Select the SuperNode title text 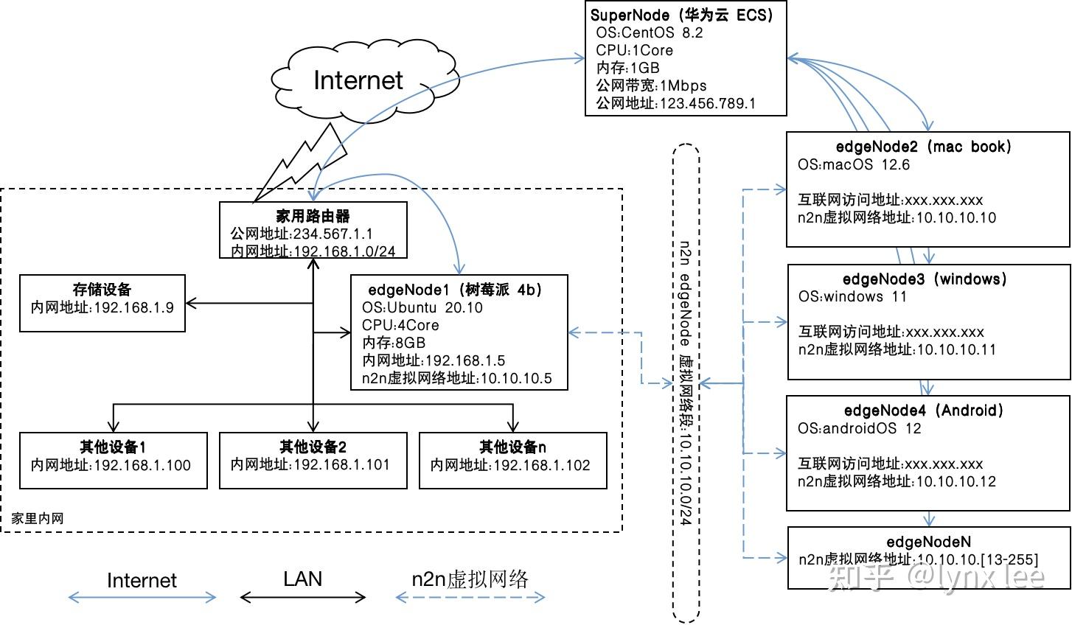[x=681, y=15]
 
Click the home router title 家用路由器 [x=313, y=216]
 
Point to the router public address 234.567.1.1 [x=302, y=234]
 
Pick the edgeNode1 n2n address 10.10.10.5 [x=456, y=378]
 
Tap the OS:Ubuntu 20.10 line [x=422, y=307]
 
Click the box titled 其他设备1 [x=113, y=460]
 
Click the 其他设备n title [x=512, y=447]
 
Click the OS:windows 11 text [x=852, y=297]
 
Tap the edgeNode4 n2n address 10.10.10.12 [x=897, y=481]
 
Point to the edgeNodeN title [x=928, y=542]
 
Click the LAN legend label [x=303, y=579]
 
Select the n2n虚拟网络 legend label [x=470, y=579]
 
